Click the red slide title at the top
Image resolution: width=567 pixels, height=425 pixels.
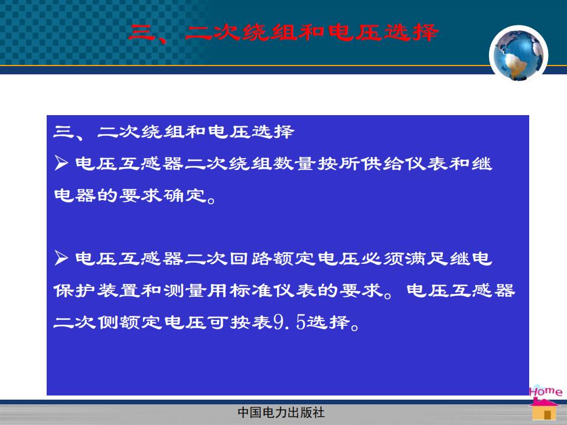pos(283,33)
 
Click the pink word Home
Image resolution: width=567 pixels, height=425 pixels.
pos(546,391)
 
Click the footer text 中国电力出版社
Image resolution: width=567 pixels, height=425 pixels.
pos(281,413)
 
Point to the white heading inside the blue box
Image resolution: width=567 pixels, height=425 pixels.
pos(174,132)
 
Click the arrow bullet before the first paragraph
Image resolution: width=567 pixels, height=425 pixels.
pos(61,163)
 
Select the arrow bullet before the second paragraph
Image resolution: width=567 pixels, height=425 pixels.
pos(61,258)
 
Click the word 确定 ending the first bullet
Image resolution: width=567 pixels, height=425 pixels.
pos(185,195)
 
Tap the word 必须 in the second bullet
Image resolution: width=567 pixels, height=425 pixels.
pos(383,259)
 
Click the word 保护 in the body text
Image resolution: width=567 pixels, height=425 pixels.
pos(74,290)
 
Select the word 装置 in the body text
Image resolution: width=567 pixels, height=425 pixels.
pos(119,290)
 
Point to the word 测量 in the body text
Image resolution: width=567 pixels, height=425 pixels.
pos(185,290)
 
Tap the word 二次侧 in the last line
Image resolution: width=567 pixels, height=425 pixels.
pos(86,322)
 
